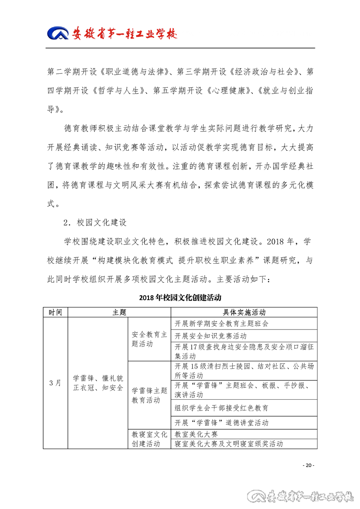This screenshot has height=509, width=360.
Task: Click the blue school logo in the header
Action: pyautogui.click(x=58, y=33)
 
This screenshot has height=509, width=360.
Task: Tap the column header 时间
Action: pyautogui.click(x=55, y=312)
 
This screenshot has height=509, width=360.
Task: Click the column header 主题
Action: pyautogui.click(x=119, y=312)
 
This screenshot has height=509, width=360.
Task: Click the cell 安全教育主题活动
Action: pyautogui.click(x=149, y=340)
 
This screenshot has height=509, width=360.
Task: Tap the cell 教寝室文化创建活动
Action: pyautogui.click(x=149, y=439)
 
